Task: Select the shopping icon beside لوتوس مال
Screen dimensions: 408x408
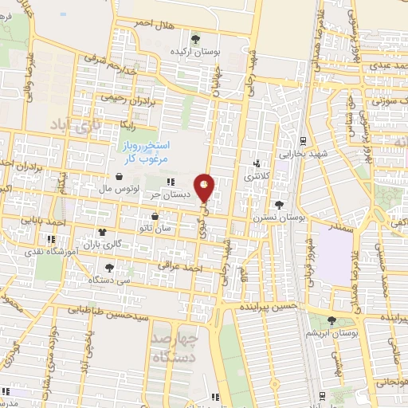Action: (x=119, y=176)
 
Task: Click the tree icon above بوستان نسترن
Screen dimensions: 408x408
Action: (x=278, y=205)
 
